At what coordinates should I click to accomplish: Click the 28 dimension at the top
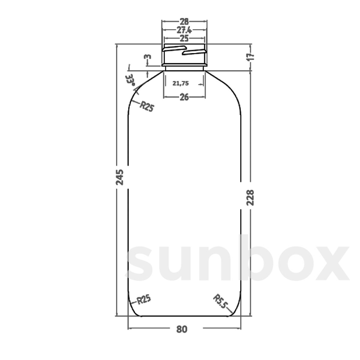[184, 22]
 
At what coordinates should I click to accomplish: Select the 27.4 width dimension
[184, 30]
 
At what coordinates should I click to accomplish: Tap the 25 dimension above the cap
[184, 38]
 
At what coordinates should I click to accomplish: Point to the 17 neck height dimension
[251, 56]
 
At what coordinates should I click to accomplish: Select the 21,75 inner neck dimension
[181, 84]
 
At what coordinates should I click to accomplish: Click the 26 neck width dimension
[184, 97]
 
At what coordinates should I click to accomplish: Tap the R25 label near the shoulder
[147, 106]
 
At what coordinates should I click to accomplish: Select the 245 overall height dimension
[120, 177]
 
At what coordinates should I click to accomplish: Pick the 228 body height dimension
[250, 197]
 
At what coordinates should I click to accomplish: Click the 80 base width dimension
[182, 329]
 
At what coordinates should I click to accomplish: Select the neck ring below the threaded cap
[184, 64]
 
